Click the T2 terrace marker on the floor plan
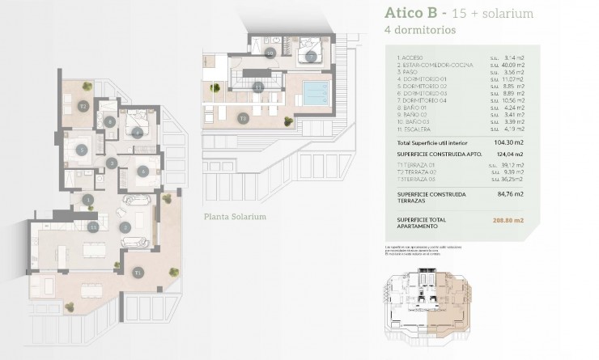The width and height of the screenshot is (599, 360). pyautogui.click(x=83, y=106)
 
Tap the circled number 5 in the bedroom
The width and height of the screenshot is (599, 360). pyautogui.click(x=82, y=150)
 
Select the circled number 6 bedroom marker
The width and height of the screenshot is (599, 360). pyautogui.click(x=142, y=171)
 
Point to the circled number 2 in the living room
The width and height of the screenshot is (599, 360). pyautogui.click(x=125, y=228)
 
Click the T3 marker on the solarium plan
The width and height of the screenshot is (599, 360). pyautogui.click(x=243, y=118)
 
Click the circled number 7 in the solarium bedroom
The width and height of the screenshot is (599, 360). pyautogui.click(x=311, y=57)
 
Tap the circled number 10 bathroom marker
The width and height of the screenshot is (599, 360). pyautogui.click(x=270, y=53)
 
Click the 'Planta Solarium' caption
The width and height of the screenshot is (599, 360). pyautogui.click(x=236, y=217)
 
